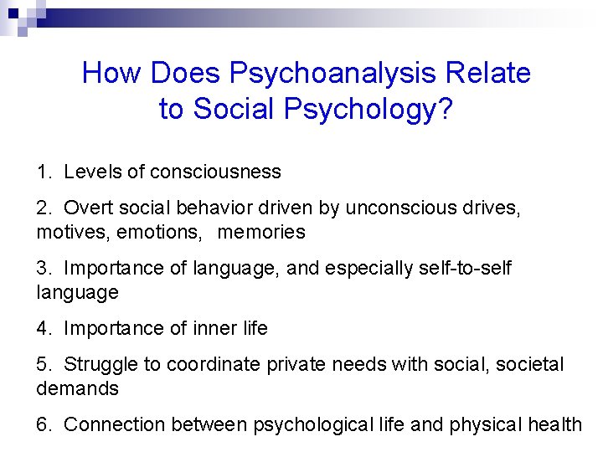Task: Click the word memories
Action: tap(261, 232)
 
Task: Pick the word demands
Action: tap(77, 388)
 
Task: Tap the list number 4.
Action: tap(43, 329)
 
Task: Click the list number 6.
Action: tap(43, 425)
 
